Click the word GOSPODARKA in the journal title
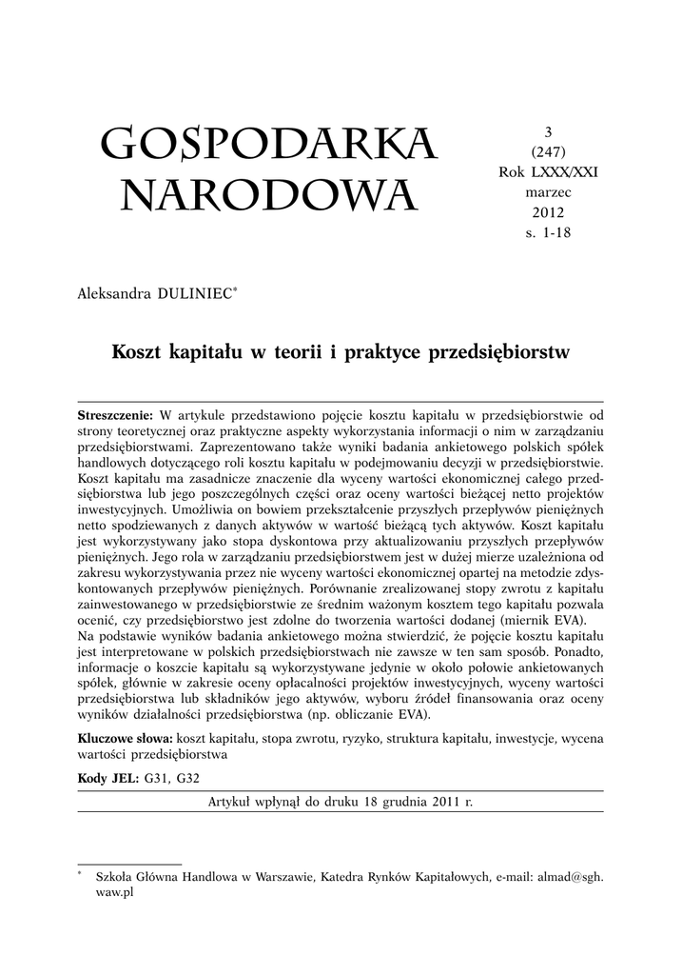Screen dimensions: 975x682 pyautogui.click(x=268, y=145)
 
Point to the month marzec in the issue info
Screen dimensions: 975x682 pyautogui.click(x=548, y=191)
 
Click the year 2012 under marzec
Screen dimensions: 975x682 pyautogui.click(x=548, y=211)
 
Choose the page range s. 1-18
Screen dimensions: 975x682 pyautogui.click(x=548, y=231)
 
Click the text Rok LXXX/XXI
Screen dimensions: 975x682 pyautogui.click(x=548, y=172)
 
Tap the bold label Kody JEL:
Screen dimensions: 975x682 pyautogui.click(x=107, y=778)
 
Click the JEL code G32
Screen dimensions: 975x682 pyautogui.click(x=187, y=778)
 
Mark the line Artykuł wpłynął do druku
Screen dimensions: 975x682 pyautogui.click(x=340, y=802)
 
